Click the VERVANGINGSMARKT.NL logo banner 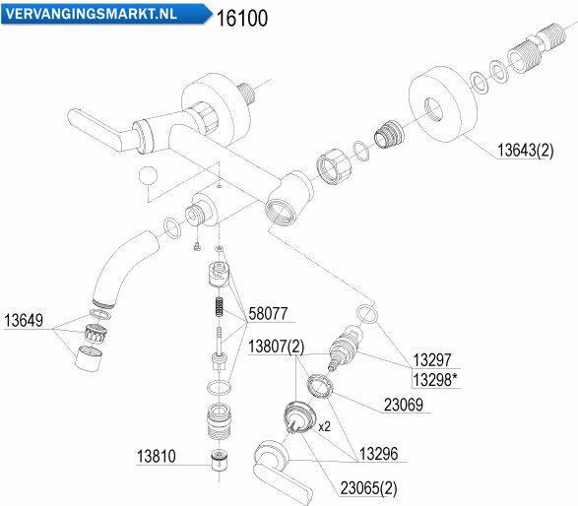106,14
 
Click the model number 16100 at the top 242,18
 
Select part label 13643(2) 525,150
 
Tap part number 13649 24,320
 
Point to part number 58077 268,314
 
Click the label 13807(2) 276,347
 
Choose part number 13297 432,359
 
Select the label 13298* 435,380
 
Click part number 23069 404,405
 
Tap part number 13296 378,454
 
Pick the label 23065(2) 368,488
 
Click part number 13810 157,456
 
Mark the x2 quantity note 324,426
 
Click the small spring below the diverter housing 220,307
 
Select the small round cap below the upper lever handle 148,175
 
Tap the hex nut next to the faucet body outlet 334,166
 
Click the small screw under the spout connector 197,246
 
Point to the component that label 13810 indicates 220,460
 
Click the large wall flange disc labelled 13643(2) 443,104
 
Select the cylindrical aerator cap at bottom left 89,358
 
